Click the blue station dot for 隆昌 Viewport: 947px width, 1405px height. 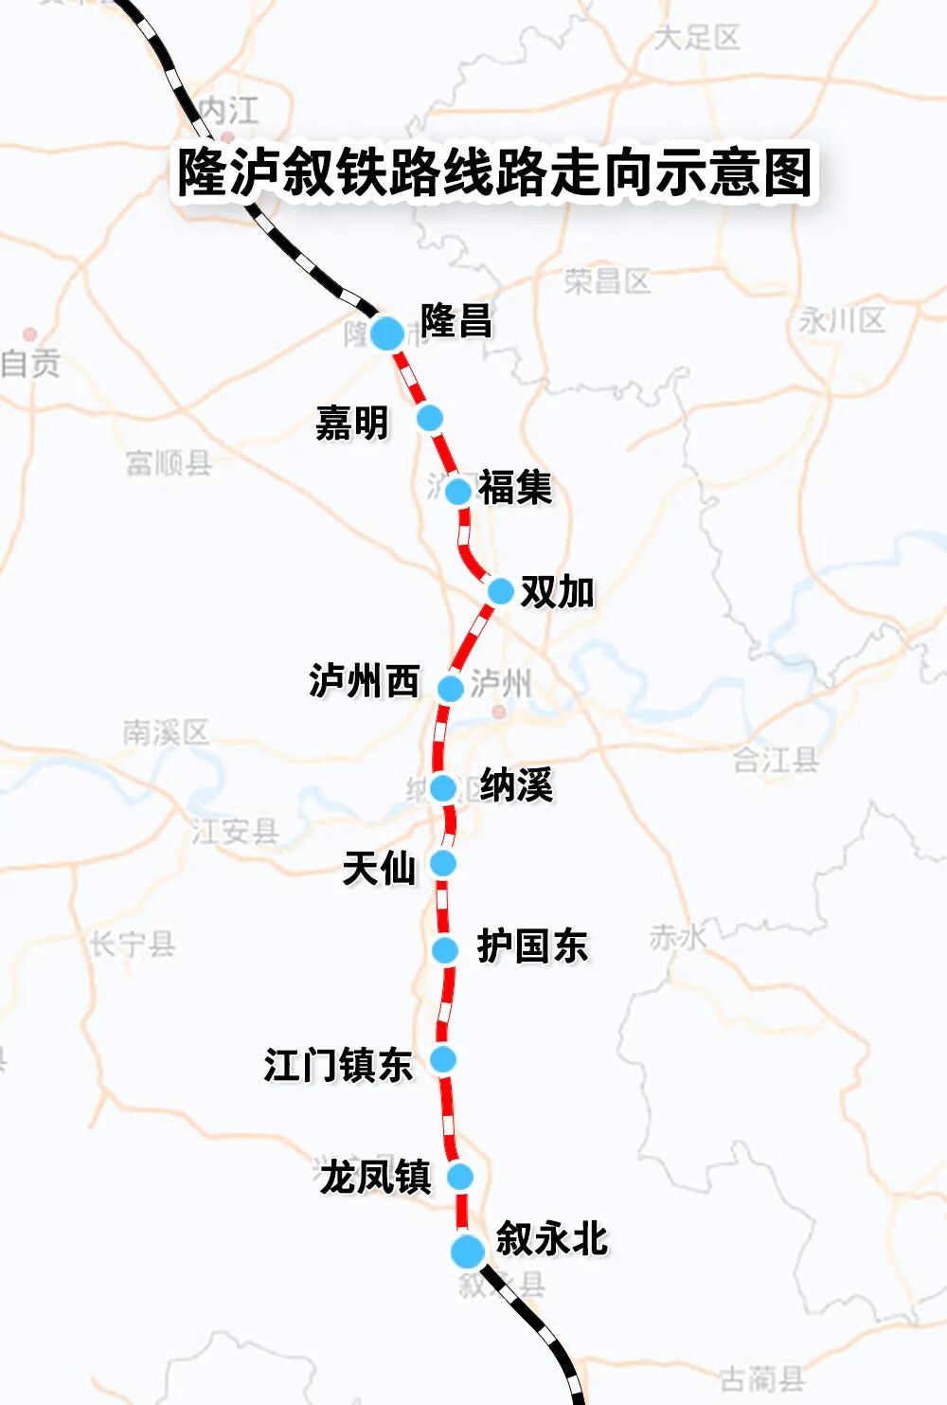point(386,333)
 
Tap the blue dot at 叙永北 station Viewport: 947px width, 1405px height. point(467,1251)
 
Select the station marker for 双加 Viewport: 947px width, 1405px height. point(500,591)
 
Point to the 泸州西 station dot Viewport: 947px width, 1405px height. point(451,688)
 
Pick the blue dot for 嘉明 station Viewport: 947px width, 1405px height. point(430,417)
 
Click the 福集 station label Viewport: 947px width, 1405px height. point(514,488)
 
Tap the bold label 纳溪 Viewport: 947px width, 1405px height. point(516,785)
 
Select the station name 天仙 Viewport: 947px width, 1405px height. point(379,868)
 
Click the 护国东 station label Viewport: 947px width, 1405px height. point(532,946)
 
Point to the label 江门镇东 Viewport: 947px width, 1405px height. point(338,1065)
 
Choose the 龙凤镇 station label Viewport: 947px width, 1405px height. point(375,1178)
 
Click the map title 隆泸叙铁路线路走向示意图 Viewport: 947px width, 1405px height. point(494,172)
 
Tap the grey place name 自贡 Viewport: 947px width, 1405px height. point(30,363)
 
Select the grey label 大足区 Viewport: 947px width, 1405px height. point(697,38)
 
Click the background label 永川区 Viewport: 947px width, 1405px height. point(842,320)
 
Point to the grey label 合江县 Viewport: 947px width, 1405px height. point(776,759)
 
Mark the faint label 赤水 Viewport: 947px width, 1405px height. point(678,937)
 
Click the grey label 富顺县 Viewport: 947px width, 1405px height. point(169,462)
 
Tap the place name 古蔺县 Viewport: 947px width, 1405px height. point(762,1378)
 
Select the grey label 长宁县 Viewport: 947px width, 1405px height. point(133,944)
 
